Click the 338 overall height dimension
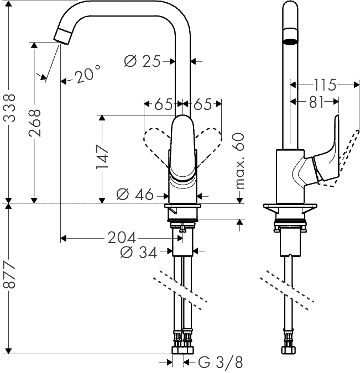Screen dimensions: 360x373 (10, 108)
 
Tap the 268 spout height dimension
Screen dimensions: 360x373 (35, 123)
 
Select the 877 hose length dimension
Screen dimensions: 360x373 (10, 275)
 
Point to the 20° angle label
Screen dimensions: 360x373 (87, 74)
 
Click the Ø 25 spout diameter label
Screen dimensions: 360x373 (142, 61)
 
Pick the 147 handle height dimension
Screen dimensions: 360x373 (102, 157)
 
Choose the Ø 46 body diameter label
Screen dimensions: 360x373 (135, 195)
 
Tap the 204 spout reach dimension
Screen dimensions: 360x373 (122, 238)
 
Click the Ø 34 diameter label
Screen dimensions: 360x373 (139, 252)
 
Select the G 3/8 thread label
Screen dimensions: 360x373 (221, 363)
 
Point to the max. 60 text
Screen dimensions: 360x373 (239, 161)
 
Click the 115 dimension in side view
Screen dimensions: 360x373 (325, 85)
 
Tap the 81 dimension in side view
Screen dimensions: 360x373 (316, 102)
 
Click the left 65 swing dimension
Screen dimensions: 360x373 (163, 104)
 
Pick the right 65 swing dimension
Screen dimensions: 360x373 (202, 104)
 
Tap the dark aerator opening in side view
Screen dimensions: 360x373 (290, 41)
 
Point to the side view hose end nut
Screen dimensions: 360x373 (290, 350)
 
